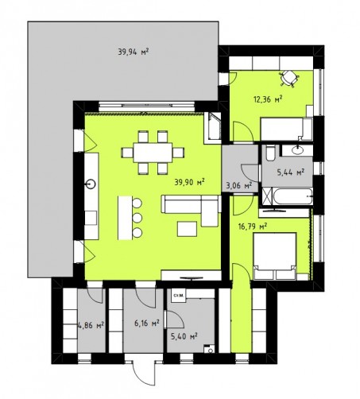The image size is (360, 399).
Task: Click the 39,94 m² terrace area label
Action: [133, 52]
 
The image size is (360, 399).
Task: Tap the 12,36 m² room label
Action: [268, 99]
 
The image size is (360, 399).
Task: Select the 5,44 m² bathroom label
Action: [290, 172]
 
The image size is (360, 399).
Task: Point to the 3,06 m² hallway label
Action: [238, 185]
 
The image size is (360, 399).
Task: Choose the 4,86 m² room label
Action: [91, 324]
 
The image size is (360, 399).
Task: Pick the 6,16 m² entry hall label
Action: [147, 323]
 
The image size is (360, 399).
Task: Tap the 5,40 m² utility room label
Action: [184, 336]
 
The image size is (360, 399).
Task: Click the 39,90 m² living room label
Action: [189, 182]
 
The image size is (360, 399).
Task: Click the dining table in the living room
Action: [153, 153]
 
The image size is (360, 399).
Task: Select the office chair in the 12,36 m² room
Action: [289, 78]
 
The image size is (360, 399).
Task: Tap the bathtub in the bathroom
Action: [292, 196]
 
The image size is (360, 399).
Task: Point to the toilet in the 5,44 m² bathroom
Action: [270, 153]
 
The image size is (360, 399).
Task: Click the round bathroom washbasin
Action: [299, 149]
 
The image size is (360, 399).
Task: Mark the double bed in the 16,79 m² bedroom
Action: [275, 256]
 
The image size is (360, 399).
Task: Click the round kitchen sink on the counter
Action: [91, 184]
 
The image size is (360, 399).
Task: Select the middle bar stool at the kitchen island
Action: [137, 218]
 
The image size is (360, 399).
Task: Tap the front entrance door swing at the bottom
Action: [144, 374]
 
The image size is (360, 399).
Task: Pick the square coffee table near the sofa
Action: [187, 229]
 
